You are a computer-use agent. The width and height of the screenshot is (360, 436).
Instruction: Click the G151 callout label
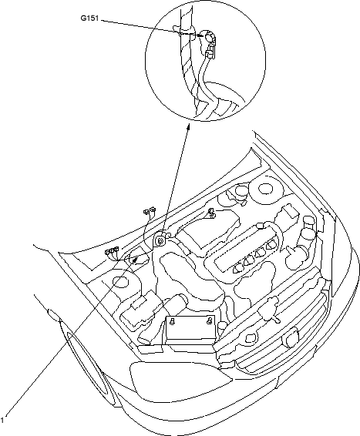click(x=89, y=18)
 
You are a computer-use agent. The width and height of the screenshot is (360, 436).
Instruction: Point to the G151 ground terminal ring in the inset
click(x=209, y=37)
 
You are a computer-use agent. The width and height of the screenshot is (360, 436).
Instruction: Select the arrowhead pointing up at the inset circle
click(x=188, y=127)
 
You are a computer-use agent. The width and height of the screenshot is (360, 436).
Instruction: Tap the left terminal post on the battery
click(x=173, y=322)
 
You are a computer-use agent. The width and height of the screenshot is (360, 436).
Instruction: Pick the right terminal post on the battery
click(x=209, y=320)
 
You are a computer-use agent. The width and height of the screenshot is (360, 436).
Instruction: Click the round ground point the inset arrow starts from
click(x=160, y=240)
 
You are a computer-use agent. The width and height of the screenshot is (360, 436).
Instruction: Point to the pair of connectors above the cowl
click(x=150, y=210)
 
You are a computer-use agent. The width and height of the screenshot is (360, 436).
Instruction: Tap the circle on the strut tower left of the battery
click(x=121, y=282)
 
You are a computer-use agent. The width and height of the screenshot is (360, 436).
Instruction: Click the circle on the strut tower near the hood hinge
click(x=266, y=188)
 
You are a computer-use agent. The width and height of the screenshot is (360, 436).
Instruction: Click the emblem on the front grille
click(x=291, y=337)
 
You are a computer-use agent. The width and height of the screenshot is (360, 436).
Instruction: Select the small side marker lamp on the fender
click(x=54, y=315)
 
